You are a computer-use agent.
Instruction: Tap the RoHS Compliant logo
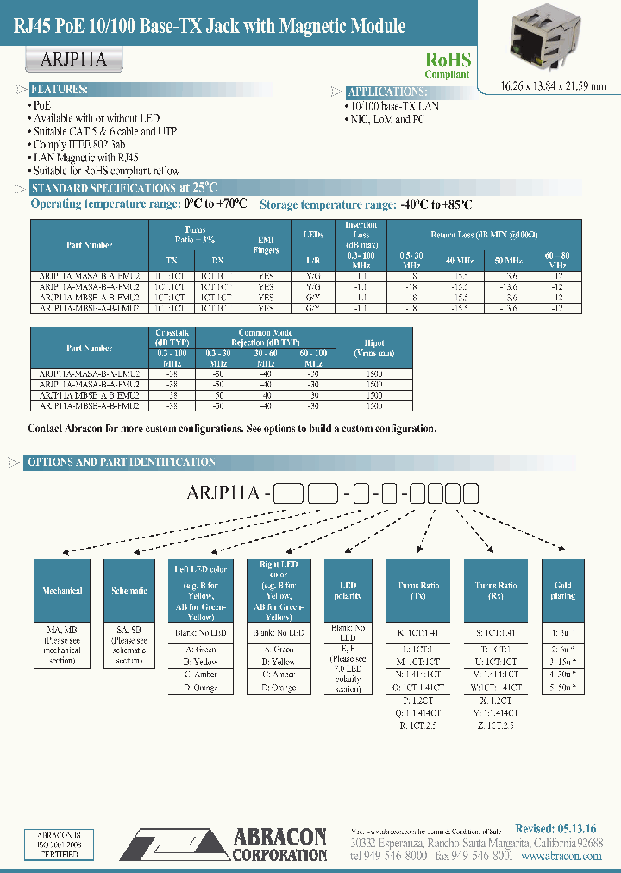448,64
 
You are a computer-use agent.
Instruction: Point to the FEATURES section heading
59,90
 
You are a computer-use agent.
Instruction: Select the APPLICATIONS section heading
386,91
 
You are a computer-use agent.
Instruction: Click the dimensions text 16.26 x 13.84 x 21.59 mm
543,85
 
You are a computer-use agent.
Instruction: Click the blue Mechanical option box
62,590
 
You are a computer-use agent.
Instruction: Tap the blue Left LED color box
201,590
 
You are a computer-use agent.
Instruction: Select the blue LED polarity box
348,590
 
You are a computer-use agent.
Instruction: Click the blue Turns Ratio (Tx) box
418,590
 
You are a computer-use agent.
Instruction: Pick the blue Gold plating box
562,590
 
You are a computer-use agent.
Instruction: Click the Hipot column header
374,348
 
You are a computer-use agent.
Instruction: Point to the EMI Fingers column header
267,245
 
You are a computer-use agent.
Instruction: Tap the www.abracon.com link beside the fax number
561,856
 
